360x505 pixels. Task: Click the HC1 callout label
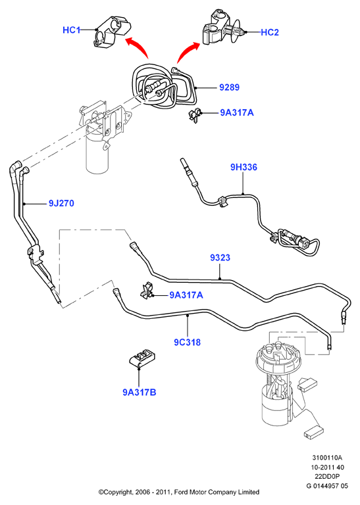(71, 30)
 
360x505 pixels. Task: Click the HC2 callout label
(270, 32)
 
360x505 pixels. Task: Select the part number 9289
(230, 87)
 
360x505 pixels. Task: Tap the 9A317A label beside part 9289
(237, 112)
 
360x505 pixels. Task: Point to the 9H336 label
(244, 167)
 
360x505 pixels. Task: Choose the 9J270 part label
(61, 204)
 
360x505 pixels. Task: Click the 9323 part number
(220, 258)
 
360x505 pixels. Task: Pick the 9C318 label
(188, 342)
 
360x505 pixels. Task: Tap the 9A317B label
(140, 393)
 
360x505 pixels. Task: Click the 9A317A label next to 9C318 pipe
(186, 295)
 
